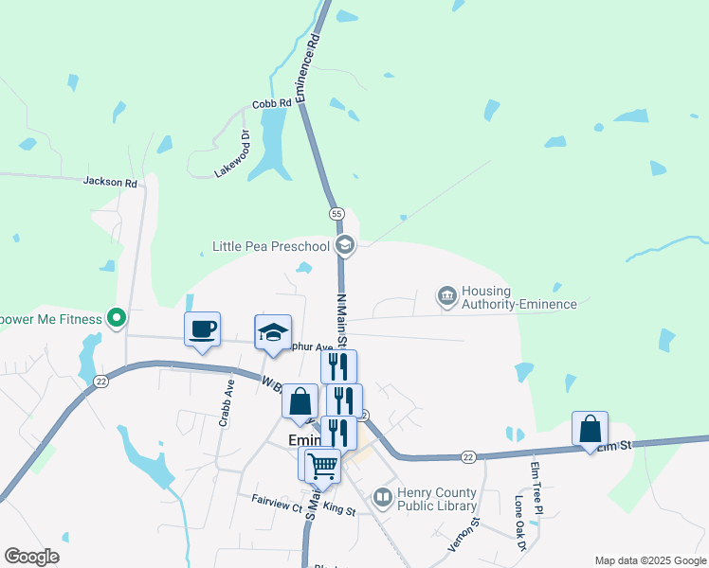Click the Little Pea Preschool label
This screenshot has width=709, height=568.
point(270,247)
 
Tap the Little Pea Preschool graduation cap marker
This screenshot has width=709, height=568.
point(345,246)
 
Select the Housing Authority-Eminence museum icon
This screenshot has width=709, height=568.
point(446,296)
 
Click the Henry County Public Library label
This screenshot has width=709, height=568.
point(437,500)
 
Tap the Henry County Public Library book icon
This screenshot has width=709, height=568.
point(382,497)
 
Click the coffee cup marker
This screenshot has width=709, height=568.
point(202,329)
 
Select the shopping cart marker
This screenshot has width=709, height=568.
point(323,465)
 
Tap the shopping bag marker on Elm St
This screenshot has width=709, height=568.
point(590,429)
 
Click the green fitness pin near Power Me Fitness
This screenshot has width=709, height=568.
point(117,318)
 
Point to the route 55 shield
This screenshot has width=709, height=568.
point(336,214)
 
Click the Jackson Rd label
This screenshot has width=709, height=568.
point(110,181)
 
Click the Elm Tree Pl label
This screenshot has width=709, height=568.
point(536,489)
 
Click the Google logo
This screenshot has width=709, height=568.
point(31,557)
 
